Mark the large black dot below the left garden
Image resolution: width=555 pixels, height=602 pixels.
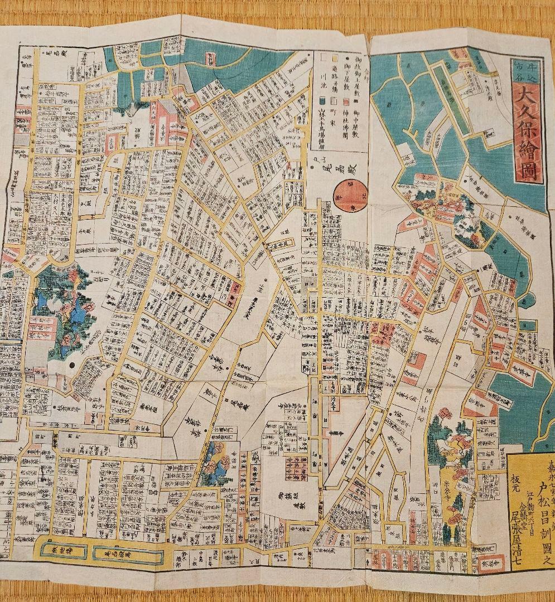73,366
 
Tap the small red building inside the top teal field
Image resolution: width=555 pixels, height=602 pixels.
210,57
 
